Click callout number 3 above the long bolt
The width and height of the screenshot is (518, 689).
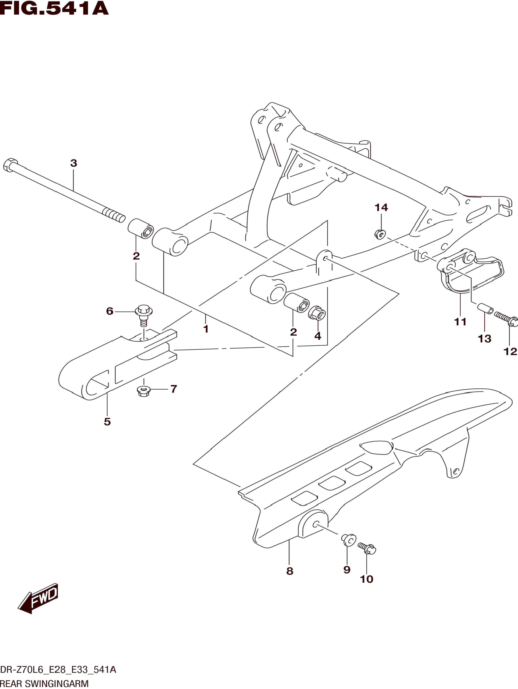pos(74,163)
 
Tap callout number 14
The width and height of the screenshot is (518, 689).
pos(381,208)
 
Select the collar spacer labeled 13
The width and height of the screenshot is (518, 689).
pos(486,309)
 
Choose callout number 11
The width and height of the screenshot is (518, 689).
pos(460,322)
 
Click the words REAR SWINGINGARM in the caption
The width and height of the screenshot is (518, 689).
pos(44,683)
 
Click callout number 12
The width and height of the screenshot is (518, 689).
pos(510,351)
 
